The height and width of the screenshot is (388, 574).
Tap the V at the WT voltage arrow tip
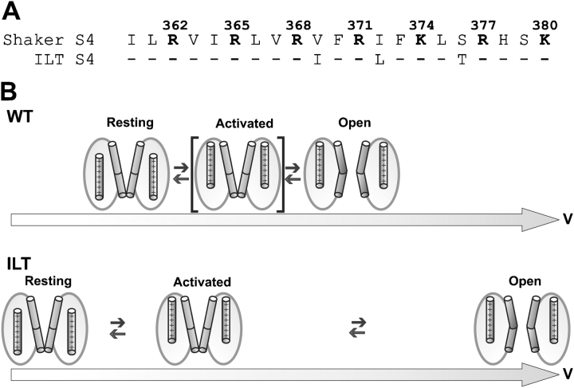pyautogui.click(x=563, y=218)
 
